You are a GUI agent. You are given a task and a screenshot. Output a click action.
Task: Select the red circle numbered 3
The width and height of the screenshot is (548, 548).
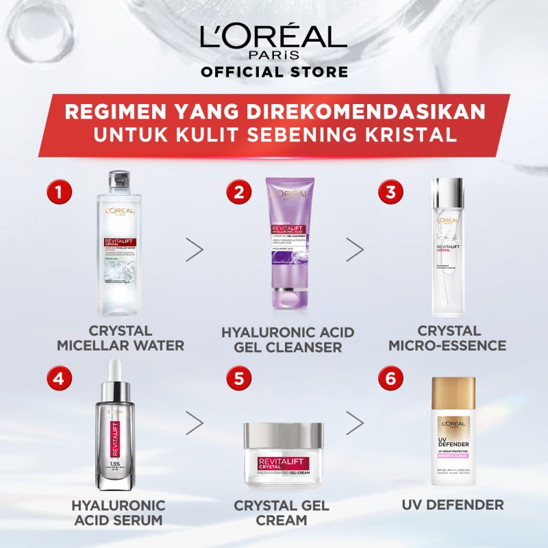[391, 191]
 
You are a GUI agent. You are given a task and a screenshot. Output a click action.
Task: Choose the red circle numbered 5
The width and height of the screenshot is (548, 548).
[239, 377]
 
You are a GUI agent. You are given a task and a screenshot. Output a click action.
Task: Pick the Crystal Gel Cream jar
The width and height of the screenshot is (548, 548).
[284, 456]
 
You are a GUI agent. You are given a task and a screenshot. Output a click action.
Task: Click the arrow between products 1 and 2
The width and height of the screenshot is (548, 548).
[195, 249]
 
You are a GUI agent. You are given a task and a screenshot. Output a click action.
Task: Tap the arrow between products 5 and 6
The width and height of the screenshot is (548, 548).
[354, 423]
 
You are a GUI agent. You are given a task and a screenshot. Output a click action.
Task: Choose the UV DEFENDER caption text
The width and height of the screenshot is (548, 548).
[453, 506]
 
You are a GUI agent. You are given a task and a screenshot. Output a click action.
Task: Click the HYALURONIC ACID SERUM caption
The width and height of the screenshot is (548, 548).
[119, 513]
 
